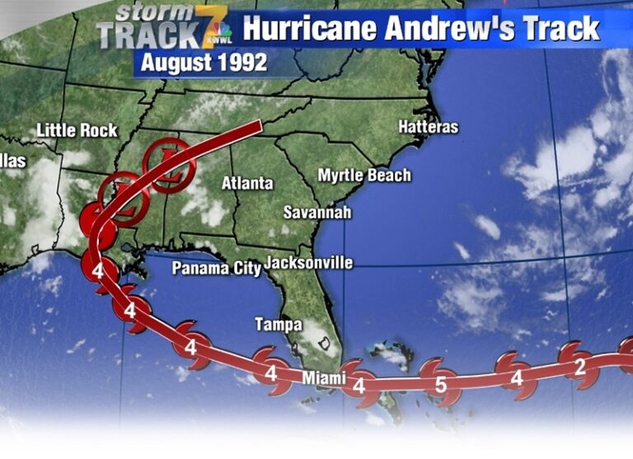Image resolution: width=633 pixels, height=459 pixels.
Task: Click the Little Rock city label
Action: (77, 130)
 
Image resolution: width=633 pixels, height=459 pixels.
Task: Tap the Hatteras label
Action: (428, 127)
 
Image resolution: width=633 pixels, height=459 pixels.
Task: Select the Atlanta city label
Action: (246, 183)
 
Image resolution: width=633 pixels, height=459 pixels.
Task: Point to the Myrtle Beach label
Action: (364, 176)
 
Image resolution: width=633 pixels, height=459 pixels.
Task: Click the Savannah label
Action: (317, 212)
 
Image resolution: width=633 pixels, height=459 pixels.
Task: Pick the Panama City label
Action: (216, 268)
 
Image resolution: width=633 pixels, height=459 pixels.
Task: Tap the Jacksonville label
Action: (308, 263)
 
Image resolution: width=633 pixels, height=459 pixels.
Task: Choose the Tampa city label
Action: (278, 325)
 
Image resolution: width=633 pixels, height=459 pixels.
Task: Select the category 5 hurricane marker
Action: (440, 383)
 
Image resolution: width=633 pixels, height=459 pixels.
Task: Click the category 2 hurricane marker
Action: (579, 367)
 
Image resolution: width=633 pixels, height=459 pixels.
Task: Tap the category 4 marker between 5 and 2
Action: (516, 378)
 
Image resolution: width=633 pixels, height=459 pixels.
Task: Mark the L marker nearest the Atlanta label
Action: (169, 165)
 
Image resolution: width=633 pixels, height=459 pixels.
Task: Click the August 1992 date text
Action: (204, 63)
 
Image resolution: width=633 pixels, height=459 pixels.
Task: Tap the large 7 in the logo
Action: (206, 26)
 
